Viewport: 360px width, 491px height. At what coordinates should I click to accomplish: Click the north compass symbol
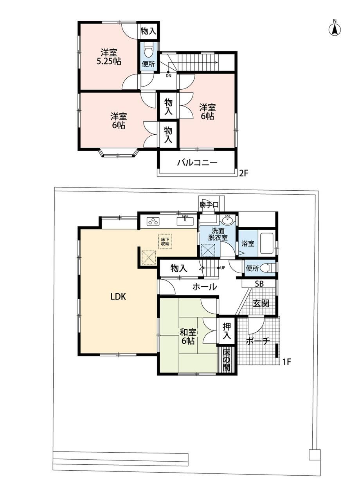point(335,30)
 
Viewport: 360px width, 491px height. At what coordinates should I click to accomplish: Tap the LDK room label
point(118,296)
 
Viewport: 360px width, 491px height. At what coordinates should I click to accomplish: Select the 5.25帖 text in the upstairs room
point(109,61)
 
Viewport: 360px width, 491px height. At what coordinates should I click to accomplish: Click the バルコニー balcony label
point(197,162)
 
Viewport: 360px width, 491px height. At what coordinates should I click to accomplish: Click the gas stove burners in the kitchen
point(153,221)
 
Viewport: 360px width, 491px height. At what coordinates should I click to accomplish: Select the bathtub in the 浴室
point(266,243)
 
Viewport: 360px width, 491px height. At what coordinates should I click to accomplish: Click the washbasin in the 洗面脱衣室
point(228,220)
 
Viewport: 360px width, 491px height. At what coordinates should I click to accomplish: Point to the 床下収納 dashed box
point(165,241)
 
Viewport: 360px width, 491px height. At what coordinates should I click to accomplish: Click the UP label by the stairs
point(223,268)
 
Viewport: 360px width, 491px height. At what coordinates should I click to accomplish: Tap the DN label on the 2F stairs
point(168,76)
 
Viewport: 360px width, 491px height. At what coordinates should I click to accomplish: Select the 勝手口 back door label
point(209,205)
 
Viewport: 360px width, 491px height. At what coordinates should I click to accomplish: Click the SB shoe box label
point(259,283)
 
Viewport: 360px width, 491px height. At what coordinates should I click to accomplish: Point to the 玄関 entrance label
point(261,303)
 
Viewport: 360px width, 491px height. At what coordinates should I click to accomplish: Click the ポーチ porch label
point(258,341)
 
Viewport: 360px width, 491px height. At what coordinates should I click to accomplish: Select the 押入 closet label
point(227,331)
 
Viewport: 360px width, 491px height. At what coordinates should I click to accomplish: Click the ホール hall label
point(205,287)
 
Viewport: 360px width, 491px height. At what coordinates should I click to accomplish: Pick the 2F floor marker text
point(243,173)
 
